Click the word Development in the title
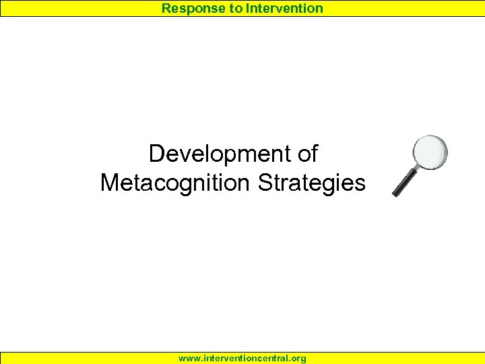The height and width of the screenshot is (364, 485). (213, 154)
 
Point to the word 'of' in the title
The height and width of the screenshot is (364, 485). (306, 154)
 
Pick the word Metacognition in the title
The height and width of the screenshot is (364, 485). (176, 183)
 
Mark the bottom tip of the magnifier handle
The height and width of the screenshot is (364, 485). (395, 195)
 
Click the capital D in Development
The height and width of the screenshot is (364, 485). (156, 154)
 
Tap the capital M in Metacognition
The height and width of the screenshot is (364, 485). (109, 183)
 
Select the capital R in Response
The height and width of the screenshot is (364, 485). (166, 8)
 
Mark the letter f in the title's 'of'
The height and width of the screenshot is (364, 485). (313, 154)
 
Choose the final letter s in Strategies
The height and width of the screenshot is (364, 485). (360, 184)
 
